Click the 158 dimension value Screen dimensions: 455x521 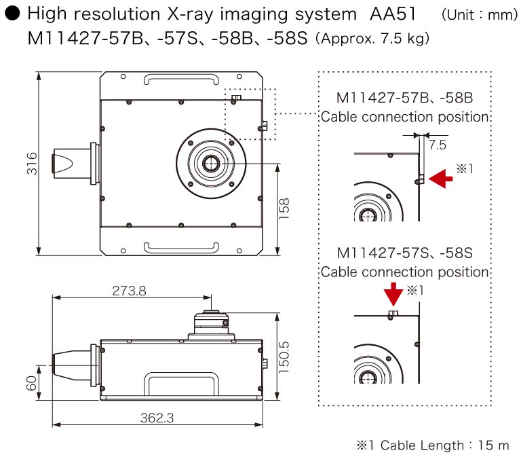(x=285, y=208)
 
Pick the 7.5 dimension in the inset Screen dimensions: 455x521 (x=438, y=145)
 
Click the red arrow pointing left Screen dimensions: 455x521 (x=442, y=179)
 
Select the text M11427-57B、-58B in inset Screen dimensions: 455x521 (x=404, y=98)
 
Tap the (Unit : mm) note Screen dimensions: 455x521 (x=479, y=15)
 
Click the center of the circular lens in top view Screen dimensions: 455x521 (x=210, y=164)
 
